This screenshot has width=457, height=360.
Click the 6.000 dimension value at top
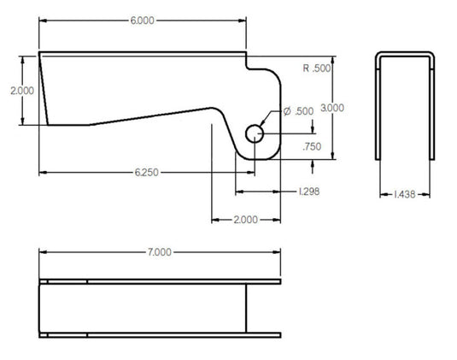coord(143,21)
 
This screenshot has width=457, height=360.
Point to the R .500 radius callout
coord(317,68)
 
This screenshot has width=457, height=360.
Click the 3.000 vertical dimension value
coord(331,108)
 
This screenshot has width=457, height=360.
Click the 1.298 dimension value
coord(308,192)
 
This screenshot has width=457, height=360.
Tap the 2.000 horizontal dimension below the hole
coord(245,221)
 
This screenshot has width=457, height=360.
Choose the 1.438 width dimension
coord(406,195)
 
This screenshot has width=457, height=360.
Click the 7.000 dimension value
coord(160,252)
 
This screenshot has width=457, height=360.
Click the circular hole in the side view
coord(255,133)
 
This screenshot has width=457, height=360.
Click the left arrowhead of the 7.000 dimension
coord(43,252)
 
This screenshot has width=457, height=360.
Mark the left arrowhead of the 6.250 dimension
coord(43,172)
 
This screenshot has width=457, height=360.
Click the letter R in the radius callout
coord(307,68)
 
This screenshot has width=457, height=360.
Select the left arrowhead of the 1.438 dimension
coord(381,195)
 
